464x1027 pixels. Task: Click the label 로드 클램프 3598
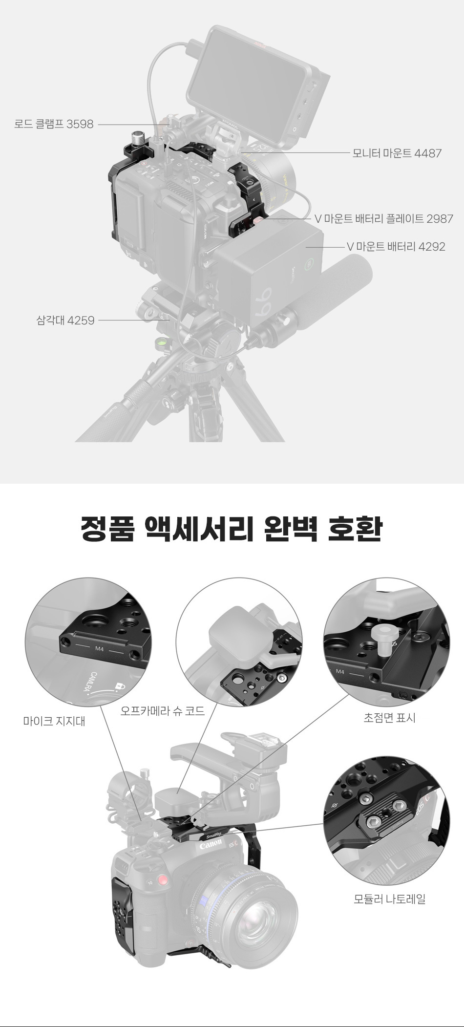[x=54, y=124]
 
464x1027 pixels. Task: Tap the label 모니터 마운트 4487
[x=397, y=153]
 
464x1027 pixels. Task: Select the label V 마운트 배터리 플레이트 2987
[x=384, y=219]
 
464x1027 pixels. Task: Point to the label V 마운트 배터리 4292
[x=396, y=247]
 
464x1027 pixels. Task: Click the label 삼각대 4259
[x=65, y=321]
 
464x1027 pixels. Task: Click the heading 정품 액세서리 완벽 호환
[x=232, y=529]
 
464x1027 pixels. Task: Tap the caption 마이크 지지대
[x=54, y=721]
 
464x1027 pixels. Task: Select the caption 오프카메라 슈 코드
[x=163, y=711]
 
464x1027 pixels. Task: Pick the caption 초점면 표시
[x=389, y=718]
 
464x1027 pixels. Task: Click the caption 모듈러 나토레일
[x=389, y=899]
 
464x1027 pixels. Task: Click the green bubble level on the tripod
[x=160, y=342]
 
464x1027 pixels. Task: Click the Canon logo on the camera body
[x=211, y=844]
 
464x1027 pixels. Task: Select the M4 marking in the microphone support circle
[x=100, y=649]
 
